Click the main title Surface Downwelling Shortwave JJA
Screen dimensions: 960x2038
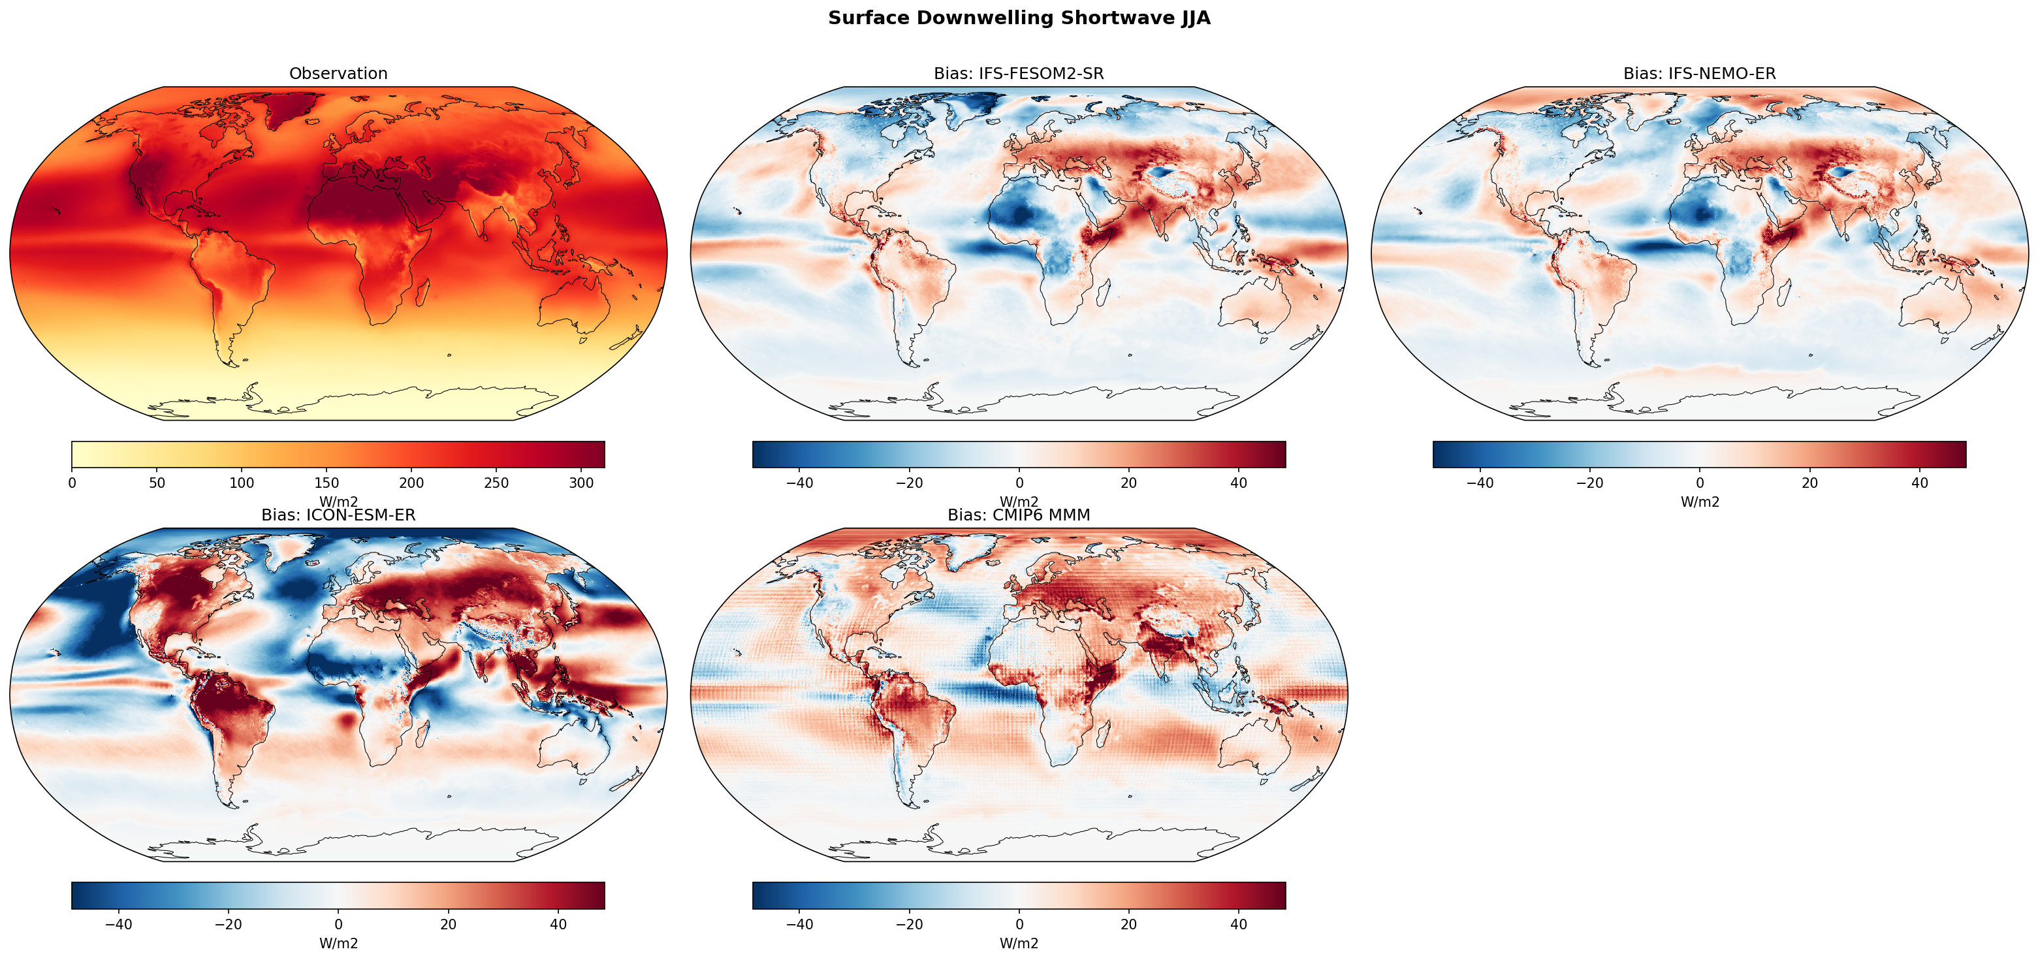tap(1019, 18)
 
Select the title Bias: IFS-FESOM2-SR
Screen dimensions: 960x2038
tap(1018, 74)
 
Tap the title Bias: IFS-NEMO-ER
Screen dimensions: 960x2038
tap(1699, 74)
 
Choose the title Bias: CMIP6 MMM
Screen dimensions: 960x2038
tap(1018, 515)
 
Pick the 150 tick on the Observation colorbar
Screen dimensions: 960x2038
tap(326, 483)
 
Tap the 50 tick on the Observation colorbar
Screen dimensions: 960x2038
tap(157, 483)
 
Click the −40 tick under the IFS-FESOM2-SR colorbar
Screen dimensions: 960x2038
tap(799, 483)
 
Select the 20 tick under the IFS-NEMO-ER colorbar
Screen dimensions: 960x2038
tap(1809, 483)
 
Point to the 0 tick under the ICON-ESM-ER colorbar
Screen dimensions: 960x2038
tap(339, 924)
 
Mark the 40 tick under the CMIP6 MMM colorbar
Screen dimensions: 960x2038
tap(1239, 924)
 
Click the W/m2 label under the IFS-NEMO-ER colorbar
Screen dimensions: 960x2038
tap(1699, 502)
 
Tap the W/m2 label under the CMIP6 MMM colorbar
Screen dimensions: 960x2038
tap(1019, 944)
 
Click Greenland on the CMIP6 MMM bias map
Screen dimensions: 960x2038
tap(971, 550)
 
